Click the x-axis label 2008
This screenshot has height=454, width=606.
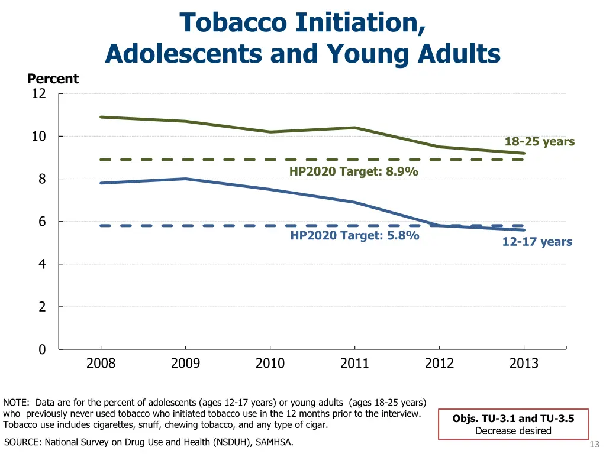pyautogui.click(x=101, y=363)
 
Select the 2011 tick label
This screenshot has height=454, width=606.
pyautogui.click(x=354, y=363)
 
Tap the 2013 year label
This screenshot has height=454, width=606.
pyautogui.click(x=524, y=363)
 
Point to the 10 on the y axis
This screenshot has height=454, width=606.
pyautogui.click(x=38, y=137)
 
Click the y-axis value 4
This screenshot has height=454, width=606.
pyautogui.click(x=42, y=264)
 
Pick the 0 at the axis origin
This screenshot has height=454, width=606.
pyautogui.click(x=42, y=349)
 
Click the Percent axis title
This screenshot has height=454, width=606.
pyautogui.click(x=53, y=79)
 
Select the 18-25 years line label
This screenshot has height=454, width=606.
pyautogui.click(x=539, y=141)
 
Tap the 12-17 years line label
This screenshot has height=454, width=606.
pyautogui.click(x=537, y=242)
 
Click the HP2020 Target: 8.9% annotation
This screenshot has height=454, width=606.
pyautogui.click(x=353, y=171)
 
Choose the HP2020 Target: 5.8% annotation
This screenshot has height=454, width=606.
pyautogui.click(x=354, y=235)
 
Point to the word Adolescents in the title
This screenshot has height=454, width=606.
pyautogui.click(x=183, y=54)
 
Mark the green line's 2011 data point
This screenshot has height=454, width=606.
pyautogui.click(x=354, y=128)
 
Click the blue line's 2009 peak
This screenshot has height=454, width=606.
pyautogui.click(x=186, y=179)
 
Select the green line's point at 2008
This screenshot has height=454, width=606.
pyautogui.click(x=101, y=117)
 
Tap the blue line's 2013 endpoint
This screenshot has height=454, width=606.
pyautogui.click(x=524, y=230)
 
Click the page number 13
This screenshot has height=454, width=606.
pyautogui.click(x=595, y=445)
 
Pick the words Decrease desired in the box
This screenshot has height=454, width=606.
pyautogui.click(x=513, y=430)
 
